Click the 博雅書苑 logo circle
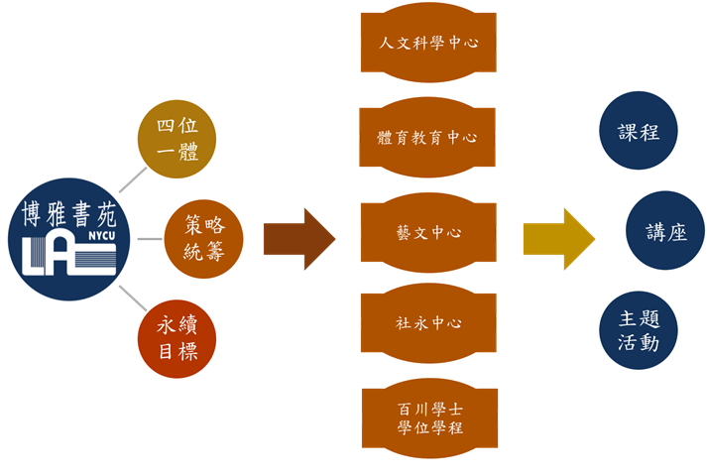pos(71,237)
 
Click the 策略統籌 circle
pos(203,238)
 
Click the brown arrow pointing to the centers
pos(298,239)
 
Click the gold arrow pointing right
pos(557,239)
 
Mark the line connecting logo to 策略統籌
pos(149,239)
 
